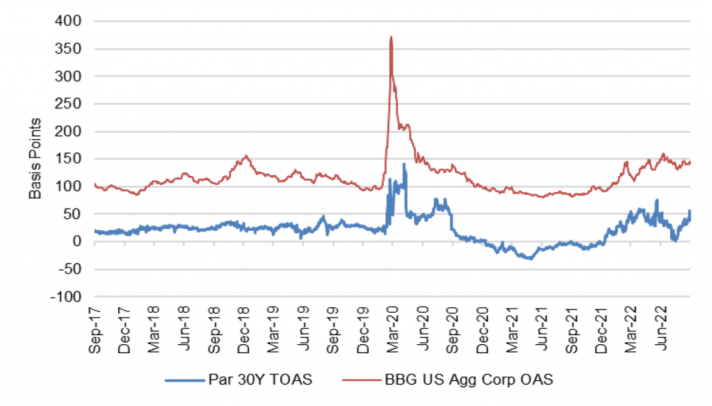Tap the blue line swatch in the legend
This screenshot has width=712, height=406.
coord(184,381)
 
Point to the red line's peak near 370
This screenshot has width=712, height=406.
coord(391,37)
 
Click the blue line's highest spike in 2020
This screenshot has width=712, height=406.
coord(404,164)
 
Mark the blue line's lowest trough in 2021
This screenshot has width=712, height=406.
coord(530,259)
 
